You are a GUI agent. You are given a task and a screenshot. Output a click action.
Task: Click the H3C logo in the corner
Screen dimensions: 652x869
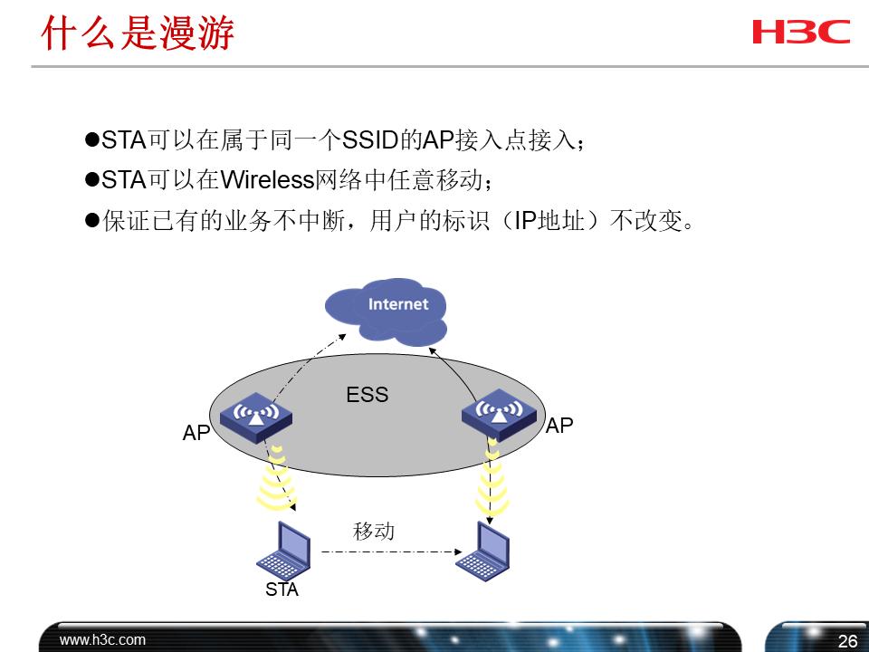coord(800,32)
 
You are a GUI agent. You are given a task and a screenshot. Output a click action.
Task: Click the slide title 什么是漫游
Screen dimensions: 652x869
coord(138,34)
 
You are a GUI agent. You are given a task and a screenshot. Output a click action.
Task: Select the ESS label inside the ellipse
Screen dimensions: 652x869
coord(367,395)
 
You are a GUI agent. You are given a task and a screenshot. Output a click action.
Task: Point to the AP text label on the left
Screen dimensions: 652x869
coord(196,434)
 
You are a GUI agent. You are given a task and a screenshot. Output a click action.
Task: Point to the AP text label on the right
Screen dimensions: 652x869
coord(559,426)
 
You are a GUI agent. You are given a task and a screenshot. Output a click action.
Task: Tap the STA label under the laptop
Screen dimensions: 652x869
coord(282,591)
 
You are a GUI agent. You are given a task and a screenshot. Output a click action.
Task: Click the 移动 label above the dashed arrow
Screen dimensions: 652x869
coord(374,532)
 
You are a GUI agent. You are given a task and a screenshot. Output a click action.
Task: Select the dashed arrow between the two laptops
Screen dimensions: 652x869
coord(387,551)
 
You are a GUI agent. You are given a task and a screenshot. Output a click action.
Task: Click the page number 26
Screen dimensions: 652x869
coord(846,642)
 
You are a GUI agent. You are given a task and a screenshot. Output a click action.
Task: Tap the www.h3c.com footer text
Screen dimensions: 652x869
coord(102,640)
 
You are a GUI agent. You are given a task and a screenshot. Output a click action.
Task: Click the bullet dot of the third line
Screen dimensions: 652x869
coord(91,221)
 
